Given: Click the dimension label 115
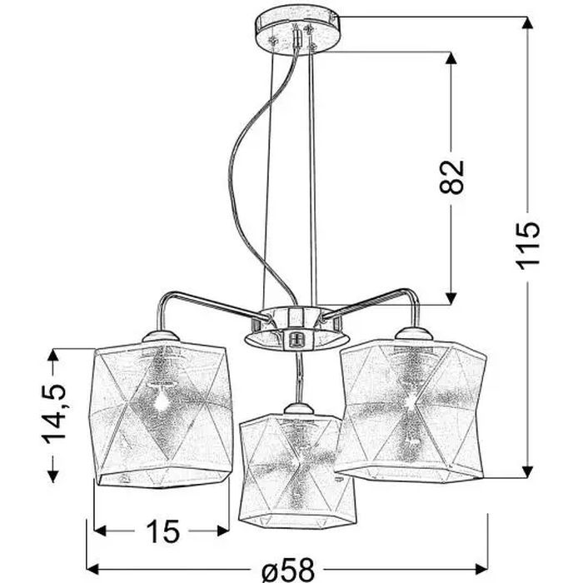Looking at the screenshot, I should pos(528,246).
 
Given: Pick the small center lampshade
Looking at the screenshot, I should pos(289,470).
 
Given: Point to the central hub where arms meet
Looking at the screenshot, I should pos(287,328).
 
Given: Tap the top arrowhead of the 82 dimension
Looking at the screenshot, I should pos(451,58).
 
